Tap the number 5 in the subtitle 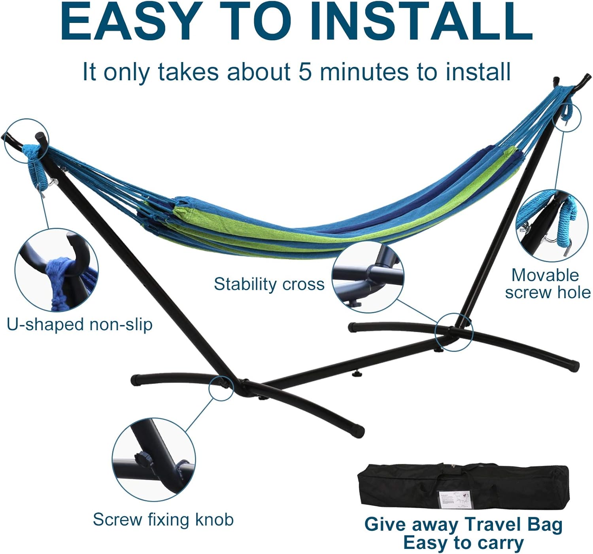[305, 72]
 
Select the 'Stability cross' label [269, 284]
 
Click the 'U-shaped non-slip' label [79, 324]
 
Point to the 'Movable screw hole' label [548, 284]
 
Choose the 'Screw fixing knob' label [163, 519]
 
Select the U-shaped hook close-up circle [57, 270]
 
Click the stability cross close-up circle [368, 277]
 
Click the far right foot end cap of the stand [574, 365]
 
